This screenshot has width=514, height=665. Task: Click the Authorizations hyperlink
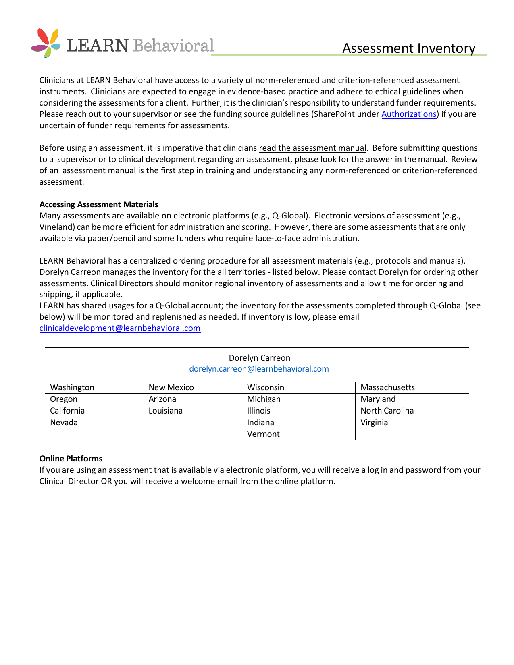(x=409, y=114)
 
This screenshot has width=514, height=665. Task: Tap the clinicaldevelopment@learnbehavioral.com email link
(x=120, y=328)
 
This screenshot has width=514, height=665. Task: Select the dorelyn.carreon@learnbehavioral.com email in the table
(x=259, y=369)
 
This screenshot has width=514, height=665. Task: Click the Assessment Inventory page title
(x=409, y=48)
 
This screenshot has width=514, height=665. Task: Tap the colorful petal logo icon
(x=46, y=42)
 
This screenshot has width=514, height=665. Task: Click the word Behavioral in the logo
(x=173, y=46)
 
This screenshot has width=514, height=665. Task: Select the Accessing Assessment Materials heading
(x=99, y=204)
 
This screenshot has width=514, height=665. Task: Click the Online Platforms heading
(x=71, y=459)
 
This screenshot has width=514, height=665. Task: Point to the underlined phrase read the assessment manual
(x=312, y=148)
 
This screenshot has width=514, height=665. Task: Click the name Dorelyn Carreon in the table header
(x=259, y=358)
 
